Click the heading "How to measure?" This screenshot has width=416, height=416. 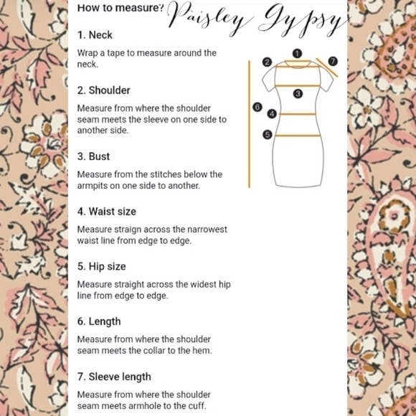tap(120, 8)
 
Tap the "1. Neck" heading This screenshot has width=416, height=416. tap(95, 35)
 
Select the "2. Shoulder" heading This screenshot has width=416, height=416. tap(104, 90)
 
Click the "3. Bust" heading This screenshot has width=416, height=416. tap(93, 156)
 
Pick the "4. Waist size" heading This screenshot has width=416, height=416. tap(107, 212)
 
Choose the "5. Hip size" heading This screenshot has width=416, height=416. tap(102, 266)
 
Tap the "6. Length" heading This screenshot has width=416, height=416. tap(99, 321)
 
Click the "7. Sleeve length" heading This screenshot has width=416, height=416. tap(114, 377)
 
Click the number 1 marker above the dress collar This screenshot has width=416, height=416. tap(297, 54)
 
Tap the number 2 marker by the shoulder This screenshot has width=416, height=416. tap(267, 62)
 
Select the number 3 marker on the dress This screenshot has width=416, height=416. tap(298, 94)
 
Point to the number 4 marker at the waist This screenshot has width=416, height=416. tap(272, 114)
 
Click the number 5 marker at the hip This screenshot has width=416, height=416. tap(268, 135)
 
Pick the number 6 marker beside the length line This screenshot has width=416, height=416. tap(257, 107)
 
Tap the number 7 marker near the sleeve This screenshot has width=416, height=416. tap(333, 62)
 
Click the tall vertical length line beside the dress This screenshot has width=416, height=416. tap(249, 124)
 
